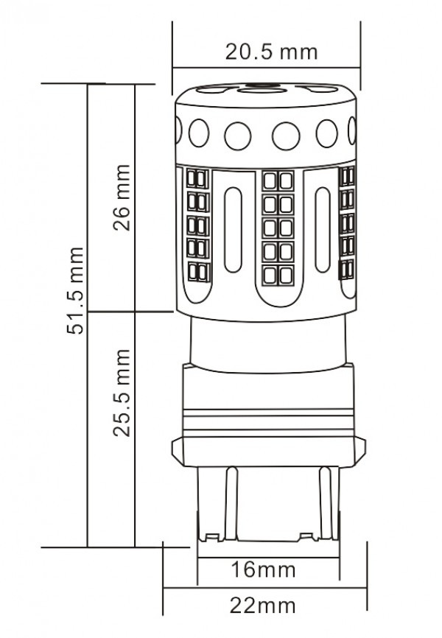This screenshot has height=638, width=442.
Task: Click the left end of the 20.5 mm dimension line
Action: pos(172,68)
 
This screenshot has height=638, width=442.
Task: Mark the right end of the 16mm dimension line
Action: pos(340,558)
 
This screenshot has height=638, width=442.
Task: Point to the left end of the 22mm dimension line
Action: pos(163,588)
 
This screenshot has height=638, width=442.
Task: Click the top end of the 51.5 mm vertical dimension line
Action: pos(88,84)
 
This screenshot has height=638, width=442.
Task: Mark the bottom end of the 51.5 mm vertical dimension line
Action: pos(88,547)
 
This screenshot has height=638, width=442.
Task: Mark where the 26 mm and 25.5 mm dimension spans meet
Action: pos(135,312)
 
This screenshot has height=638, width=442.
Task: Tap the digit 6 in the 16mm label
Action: pos(249,569)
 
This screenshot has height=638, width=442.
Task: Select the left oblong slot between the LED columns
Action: pos(233,229)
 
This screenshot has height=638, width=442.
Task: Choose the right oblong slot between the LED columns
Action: pos(323,229)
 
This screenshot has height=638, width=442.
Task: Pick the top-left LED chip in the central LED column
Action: pos(270,180)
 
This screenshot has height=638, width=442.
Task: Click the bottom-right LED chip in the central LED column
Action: pos(287,276)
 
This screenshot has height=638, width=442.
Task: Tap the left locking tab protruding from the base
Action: pos(178,452)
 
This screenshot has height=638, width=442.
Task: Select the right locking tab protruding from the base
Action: pos(359,452)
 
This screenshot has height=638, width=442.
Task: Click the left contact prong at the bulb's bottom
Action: pos(231,504)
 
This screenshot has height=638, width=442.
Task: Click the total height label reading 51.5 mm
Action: pos(75,290)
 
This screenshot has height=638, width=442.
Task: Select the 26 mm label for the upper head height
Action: pos(122,197)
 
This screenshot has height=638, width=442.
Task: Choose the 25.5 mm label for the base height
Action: pos(122,393)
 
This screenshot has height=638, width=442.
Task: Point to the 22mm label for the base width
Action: pos(262,606)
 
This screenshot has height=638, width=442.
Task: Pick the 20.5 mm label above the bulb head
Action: pos(271,52)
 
